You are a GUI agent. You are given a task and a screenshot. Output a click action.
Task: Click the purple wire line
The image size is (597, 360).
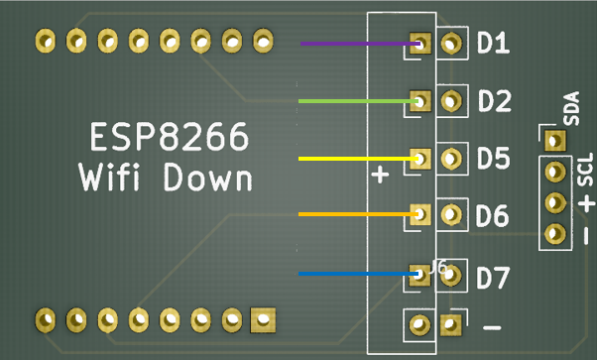(x=360, y=44)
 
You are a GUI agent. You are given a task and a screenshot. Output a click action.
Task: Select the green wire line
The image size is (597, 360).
(x=359, y=101)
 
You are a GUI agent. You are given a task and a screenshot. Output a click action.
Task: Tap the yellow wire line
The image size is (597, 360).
(x=358, y=159)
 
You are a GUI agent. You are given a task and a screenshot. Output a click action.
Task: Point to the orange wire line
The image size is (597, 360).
(x=358, y=214)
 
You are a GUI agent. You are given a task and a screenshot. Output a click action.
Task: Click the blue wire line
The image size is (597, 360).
(x=358, y=274)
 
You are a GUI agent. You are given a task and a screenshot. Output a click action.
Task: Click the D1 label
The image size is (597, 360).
(x=493, y=43)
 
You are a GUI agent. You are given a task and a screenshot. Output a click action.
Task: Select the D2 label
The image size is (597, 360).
(x=494, y=101)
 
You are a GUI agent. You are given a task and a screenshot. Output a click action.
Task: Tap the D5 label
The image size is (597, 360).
(x=494, y=158)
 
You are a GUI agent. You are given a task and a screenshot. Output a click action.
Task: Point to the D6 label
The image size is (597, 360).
(x=492, y=215)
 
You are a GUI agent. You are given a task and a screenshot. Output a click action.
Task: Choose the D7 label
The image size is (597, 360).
(x=493, y=278)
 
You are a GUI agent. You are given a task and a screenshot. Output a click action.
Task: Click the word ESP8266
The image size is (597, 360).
(x=170, y=137)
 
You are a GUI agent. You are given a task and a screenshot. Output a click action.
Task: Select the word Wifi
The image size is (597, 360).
(x=109, y=177)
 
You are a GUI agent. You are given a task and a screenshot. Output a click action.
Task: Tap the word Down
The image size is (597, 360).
(x=208, y=177)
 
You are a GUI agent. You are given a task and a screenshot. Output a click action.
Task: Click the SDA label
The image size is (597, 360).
(x=571, y=108)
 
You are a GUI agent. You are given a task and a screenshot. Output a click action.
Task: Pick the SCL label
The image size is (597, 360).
(x=585, y=170)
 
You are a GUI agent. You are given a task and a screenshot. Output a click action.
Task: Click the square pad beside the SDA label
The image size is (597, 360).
(x=555, y=141)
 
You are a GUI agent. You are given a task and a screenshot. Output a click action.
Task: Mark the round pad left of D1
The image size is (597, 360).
(x=451, y=43)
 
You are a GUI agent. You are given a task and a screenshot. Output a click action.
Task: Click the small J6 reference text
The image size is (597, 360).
(x=438, y=267)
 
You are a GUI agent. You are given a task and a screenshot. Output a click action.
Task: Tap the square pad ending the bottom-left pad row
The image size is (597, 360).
(x=263, y=319)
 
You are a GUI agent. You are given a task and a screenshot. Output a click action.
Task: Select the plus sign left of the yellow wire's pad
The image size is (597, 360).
(x=380, y=175)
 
